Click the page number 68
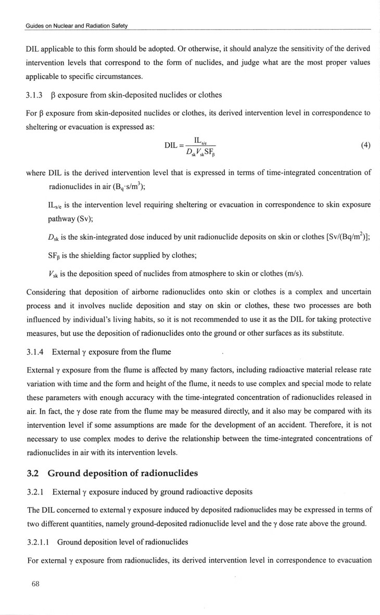[35, 584]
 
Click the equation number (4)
[365, 145]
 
